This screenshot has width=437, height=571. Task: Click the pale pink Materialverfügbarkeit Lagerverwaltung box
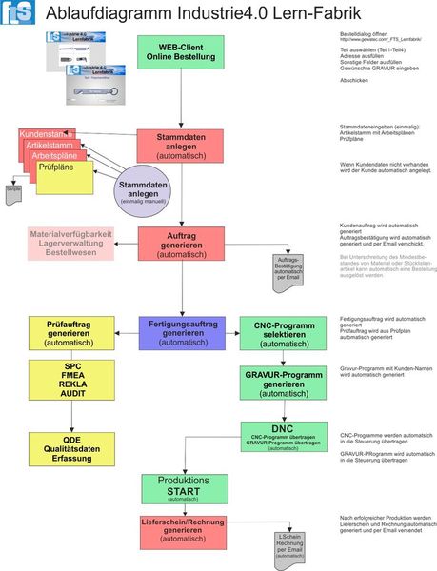coord(71,244)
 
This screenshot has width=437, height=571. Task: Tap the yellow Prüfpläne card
coord(65,177)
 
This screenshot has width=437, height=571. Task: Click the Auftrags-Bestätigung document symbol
coord(288,268)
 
